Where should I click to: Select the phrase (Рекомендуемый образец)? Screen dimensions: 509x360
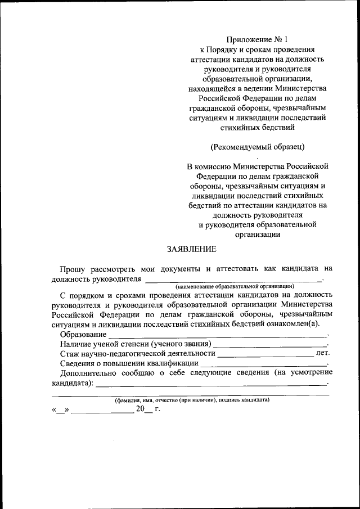(257, 147)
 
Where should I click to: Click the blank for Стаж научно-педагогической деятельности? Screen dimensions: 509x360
(265, 355)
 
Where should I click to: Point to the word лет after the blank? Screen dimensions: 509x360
(323, 353)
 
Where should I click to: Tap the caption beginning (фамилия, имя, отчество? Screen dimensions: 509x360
(192, 400)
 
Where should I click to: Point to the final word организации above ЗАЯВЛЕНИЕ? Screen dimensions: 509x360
(257, 235)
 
